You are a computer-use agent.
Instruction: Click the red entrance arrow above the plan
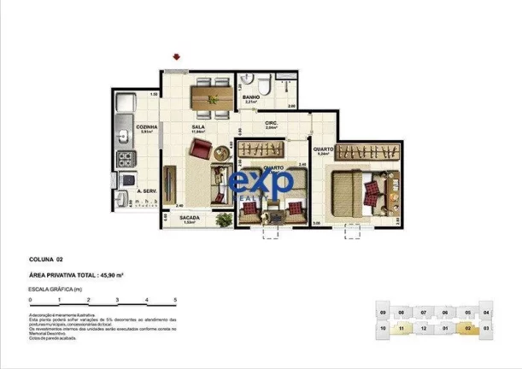click(177, 58)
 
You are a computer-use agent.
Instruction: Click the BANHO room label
click(251, 98)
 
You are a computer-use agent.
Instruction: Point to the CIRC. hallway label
click(272, 123)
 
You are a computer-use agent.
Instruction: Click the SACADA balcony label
click(190, 218)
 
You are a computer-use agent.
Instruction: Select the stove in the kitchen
click(126, 158)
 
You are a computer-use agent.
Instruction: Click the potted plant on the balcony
click(223, 220)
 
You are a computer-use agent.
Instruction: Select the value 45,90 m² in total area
click(109, 275)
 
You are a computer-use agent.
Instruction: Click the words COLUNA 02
click(48, 258)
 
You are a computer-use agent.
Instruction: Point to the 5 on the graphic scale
click(175, 301)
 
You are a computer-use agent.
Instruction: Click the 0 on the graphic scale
click(30, 301)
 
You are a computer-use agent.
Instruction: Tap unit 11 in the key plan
click(402, 327)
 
